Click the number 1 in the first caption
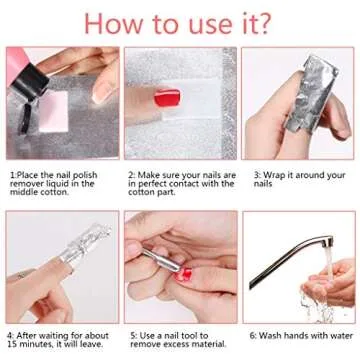(x=12, y=172)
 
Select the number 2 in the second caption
(x=130, y=172)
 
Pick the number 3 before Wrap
(x=255, y=172)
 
